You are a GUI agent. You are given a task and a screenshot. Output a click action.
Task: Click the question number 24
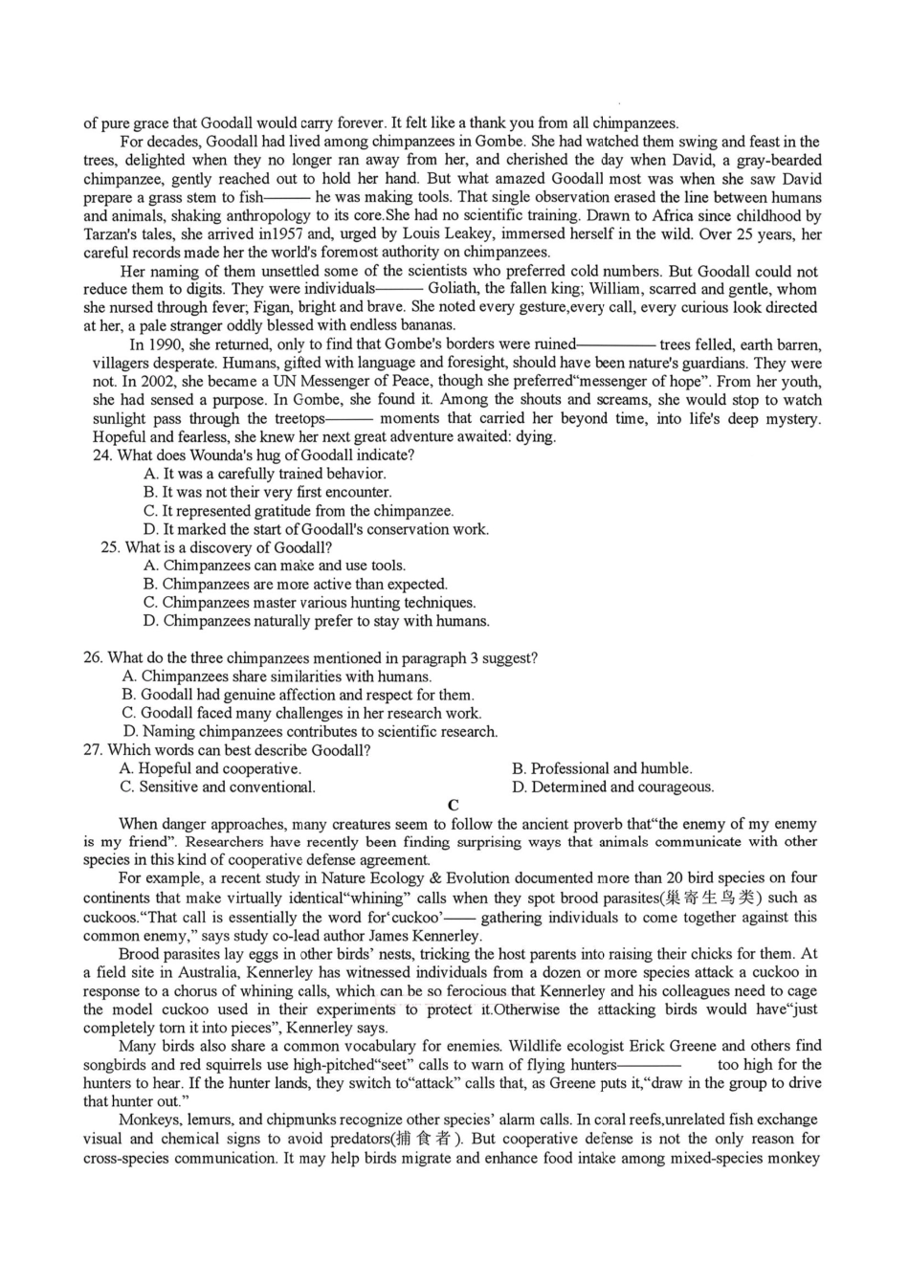pyautogui.click(x=101, y=455)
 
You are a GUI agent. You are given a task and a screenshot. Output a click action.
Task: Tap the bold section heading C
pyautogui.click(x=454, y=806)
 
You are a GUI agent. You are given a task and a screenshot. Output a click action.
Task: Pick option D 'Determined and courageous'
pyautogui.click(x=612, y=787)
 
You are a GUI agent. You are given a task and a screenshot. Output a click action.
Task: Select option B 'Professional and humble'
pyautogui.click(x=602, y=768)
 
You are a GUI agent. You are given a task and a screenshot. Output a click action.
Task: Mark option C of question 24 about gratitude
pyautogui.click(x=299, y=511)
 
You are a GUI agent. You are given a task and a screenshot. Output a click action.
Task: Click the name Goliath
pyautogui.click(x=456, y=289)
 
